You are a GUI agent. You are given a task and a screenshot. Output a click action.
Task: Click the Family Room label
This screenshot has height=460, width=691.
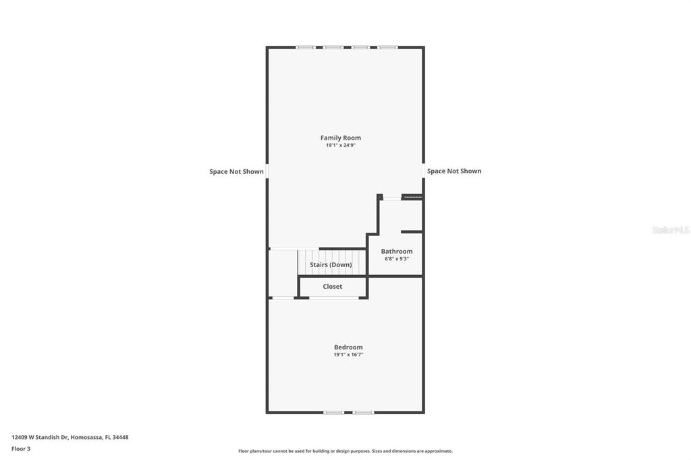point(341,138)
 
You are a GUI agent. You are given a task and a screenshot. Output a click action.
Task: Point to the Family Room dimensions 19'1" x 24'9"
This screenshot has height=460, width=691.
point(341,146)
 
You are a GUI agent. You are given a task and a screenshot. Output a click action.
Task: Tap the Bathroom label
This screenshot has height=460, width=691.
point(397,251)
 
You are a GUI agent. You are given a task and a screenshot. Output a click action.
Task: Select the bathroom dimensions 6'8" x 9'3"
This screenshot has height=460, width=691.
point(397,259)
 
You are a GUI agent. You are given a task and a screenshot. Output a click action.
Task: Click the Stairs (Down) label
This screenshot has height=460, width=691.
point(331,265)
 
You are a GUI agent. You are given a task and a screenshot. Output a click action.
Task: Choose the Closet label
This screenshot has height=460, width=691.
point(332,287)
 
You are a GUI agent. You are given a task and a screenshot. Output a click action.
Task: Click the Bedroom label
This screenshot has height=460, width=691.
point(348,347)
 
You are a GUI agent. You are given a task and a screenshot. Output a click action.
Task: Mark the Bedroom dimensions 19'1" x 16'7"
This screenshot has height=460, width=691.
point(348,355)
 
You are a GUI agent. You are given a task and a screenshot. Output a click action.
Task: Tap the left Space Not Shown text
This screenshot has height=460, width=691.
point(236,171)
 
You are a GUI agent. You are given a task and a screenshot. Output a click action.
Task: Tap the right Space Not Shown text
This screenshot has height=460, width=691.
point(454,171)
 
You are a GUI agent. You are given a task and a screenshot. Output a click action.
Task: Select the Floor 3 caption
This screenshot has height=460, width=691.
point(21,449)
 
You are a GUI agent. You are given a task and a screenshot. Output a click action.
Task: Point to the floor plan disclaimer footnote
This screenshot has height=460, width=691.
point(345,451)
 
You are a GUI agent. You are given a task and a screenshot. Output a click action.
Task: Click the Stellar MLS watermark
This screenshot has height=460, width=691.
point(670,230)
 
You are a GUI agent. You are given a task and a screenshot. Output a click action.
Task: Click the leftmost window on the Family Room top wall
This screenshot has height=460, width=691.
point(306,47)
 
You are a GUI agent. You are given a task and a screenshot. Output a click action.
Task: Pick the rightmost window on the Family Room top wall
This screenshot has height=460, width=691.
point(387,47)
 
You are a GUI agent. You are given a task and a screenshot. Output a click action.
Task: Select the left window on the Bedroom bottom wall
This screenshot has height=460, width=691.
point(333,412)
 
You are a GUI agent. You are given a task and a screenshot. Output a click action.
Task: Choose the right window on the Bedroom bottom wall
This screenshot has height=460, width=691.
point(363,412)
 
